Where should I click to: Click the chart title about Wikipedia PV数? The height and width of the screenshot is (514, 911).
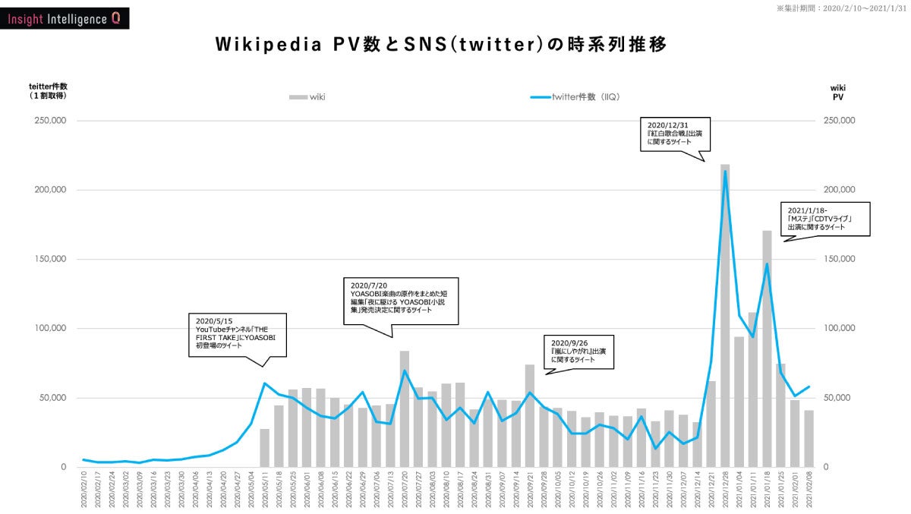(x=441, y=45)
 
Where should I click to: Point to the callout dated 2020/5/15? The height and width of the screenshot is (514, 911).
(x=238, y=333)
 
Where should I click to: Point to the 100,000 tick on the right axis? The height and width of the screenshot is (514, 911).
(x=840, y=329)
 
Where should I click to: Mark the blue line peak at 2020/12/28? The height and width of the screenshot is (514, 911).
(x=725, y=172)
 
